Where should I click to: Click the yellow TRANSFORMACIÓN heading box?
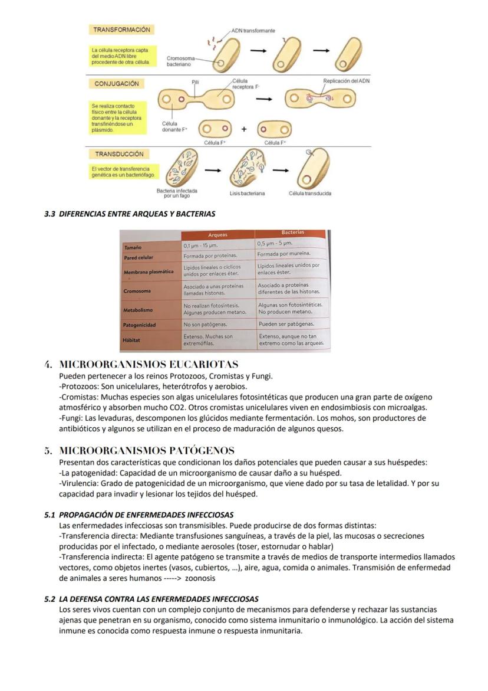121,30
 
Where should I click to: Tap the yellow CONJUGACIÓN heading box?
117,84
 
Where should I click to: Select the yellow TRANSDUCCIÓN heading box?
120,154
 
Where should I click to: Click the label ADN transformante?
253,31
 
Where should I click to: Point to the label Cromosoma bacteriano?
179,61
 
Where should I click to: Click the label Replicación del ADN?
347,80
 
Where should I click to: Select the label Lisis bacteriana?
247,194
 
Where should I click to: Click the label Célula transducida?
310,194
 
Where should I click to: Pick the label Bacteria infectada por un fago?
177,194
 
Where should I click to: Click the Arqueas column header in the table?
217,235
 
